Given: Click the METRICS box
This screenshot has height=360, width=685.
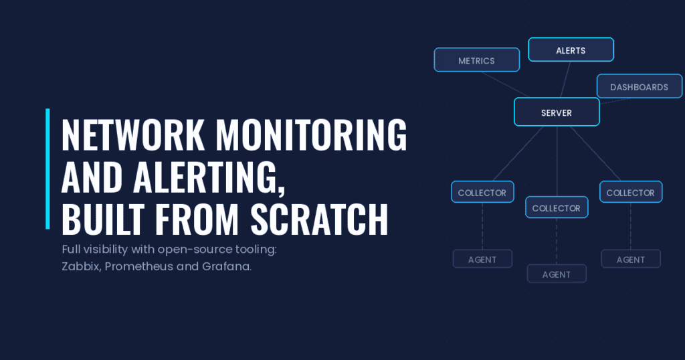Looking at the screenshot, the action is (x=476, y=60).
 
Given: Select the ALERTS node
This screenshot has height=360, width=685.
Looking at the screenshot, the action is (x=571, y=50).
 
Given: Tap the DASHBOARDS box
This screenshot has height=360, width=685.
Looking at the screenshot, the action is (x=639, y=86).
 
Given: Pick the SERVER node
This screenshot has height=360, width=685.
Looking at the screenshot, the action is (x=557, y=112).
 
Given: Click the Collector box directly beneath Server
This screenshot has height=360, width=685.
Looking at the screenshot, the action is (x=557, y=207).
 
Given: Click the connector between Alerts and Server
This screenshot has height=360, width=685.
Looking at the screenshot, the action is (x=565, y=80).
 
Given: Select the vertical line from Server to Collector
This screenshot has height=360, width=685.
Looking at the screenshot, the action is (x=557, y=161).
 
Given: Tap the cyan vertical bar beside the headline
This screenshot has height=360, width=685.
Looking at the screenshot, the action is (x=47, y=169).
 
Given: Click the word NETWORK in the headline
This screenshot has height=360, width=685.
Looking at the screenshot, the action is (x=133, y=135).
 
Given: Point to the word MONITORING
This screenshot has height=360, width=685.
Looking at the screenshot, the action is (x=312, y=135).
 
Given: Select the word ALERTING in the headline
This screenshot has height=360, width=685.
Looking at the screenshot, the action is (x=209, y=177).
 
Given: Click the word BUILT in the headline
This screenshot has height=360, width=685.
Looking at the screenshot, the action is (x=103, y=219).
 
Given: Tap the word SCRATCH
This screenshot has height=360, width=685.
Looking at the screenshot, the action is (x=319, y=219).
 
